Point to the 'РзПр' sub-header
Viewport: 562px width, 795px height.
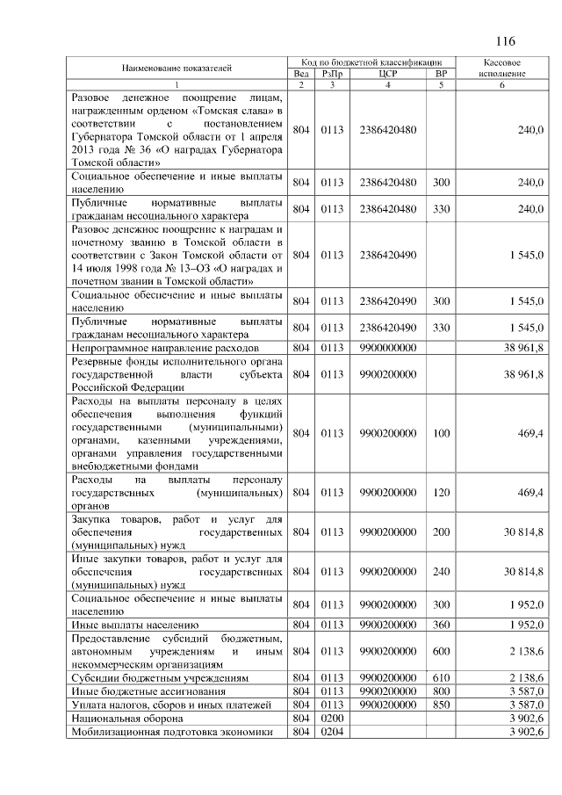point(331,74)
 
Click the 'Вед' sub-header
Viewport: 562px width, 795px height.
point(301,74)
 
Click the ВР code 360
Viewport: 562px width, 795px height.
point(441,625)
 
